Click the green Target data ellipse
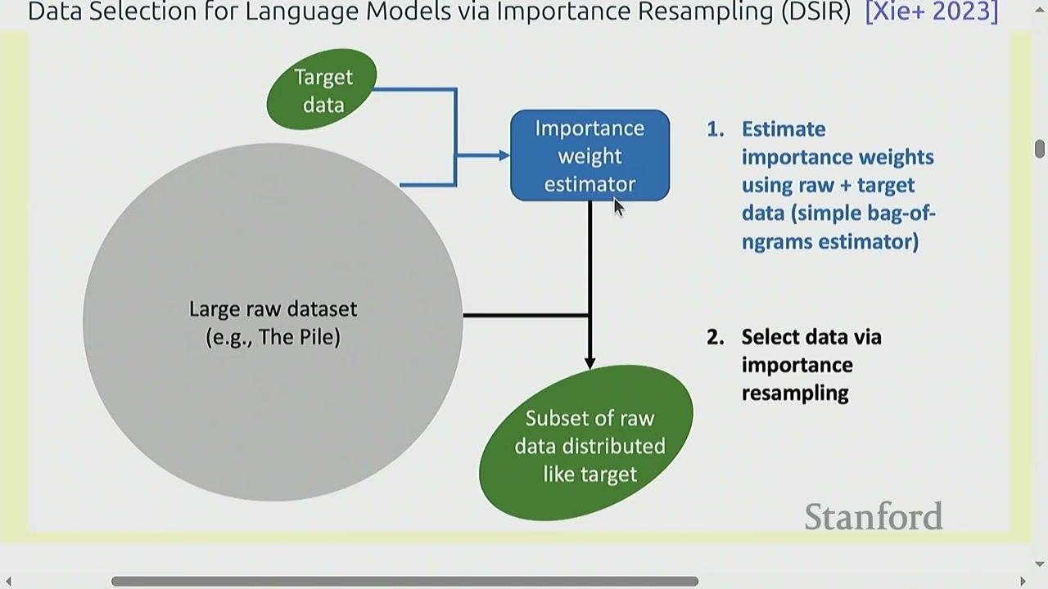coord(322,90)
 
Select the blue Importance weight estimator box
coord(589,155)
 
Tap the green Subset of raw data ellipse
coord(586,446)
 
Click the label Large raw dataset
coord(273,309)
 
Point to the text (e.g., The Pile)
coord(273,337)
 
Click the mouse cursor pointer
coord(618,207)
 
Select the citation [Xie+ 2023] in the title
coord(931,12)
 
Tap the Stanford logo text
coord(873,517)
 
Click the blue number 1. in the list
coord(716,129)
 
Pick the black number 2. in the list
coord(716,337)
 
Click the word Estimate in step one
coord(784,129)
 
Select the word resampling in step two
coord(795,393)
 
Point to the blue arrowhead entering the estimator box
coord(502,155)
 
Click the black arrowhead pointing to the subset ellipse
coord(589,362)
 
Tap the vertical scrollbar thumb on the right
coord(1039,149)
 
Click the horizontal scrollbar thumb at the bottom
coord(404,581)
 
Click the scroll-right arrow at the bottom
coord(1023,581)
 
